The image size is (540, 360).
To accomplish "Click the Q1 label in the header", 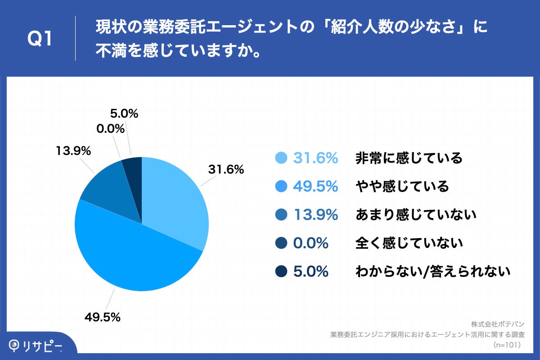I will [x=40, y=39].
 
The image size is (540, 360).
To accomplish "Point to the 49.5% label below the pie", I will [x=103, y=317].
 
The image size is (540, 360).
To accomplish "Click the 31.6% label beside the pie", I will [x=225, y=170].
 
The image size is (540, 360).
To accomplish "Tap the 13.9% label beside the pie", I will [x=73, y=151].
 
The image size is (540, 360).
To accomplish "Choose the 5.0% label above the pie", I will [x=124, y=114].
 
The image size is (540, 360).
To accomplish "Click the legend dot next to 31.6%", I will [x=281, y=158].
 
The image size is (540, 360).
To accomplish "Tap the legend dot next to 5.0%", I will [x=281, y=271].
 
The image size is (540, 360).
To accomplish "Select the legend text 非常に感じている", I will [x=409, y=158].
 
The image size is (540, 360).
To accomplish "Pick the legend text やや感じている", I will [x=402, y=186].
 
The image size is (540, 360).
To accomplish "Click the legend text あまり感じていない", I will [x=416, y=215].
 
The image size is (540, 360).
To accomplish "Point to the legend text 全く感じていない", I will [x=409, y=243].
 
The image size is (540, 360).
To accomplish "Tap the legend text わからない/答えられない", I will [x=433, y=271].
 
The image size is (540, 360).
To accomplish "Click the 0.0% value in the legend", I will [x=310, y=243].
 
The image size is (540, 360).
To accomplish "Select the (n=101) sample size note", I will [x=507, y=345].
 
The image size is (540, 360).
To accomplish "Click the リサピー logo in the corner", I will [x=36, y=346].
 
